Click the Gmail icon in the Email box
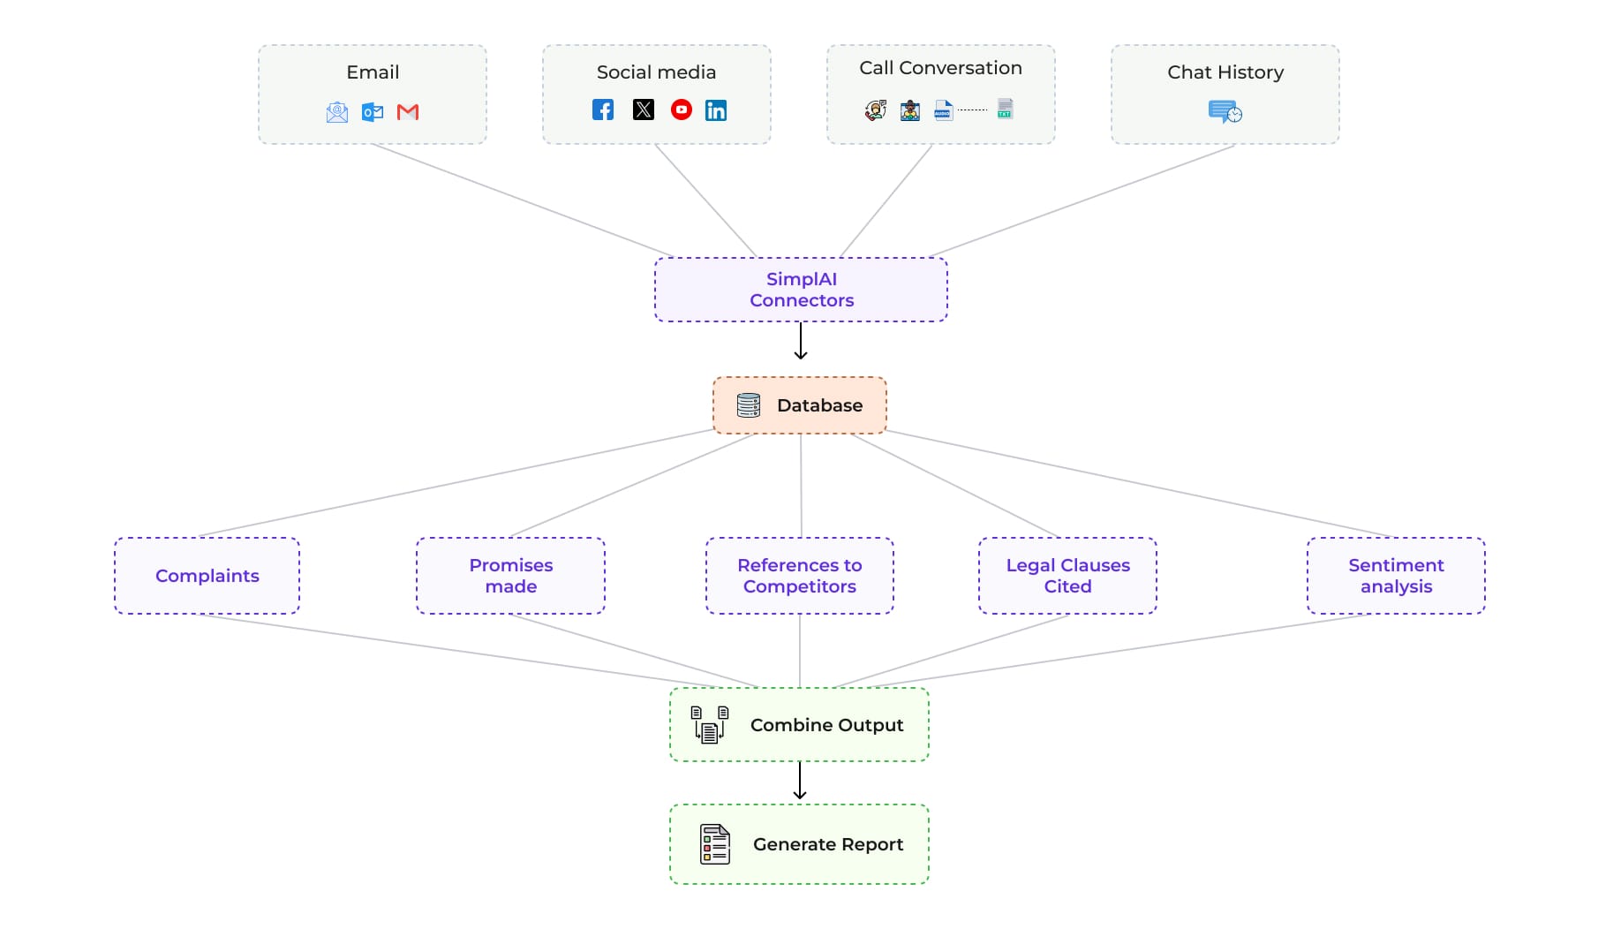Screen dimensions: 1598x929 tap(408, 112)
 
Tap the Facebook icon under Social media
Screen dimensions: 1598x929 tap(603, 110)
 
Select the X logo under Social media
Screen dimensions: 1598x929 tap(644, 110)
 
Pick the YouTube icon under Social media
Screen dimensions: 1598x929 tap(682, 110)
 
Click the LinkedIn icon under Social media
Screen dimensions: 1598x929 tap(716, 110)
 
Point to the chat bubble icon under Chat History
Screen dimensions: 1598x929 tap(1225, 112)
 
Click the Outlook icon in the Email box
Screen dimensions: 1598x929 tap(373, 112)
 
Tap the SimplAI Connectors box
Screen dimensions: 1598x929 tap(801, 290)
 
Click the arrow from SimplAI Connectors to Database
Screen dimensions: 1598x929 tap(801, 341)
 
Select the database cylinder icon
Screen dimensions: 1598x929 tap(749, 405)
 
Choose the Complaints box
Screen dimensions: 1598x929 tap(207, 576)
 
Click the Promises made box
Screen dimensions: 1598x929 tap(511, 576)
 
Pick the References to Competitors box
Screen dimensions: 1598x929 tap(800, 576)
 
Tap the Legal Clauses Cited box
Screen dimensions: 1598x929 tap(1068, 576)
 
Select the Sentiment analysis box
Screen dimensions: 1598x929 tap(1397, 576)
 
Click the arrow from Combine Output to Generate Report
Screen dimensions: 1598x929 tap(800, 781)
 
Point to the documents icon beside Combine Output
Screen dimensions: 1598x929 tap(710, 725)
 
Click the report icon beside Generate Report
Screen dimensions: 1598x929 tap(715, 844)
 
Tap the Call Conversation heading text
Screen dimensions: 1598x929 tap(941, 68)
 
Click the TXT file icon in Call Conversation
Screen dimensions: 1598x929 tap(1005, 109)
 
